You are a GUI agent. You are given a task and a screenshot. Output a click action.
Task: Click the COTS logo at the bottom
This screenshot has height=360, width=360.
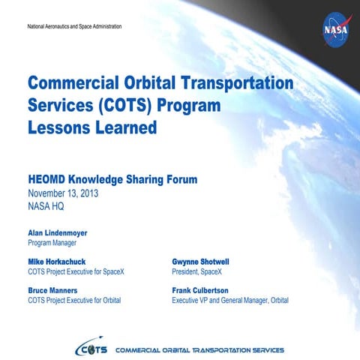91,349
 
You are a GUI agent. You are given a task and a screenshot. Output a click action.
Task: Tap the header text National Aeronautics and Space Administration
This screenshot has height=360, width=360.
73,27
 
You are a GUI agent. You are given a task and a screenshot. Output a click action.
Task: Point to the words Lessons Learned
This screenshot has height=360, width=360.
92,128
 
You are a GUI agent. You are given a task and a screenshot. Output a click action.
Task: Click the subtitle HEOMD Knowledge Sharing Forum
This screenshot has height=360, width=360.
112,179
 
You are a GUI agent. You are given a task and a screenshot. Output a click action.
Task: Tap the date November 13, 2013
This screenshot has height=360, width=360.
63,193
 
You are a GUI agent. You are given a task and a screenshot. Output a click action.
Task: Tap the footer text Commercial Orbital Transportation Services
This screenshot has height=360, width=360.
199,350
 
